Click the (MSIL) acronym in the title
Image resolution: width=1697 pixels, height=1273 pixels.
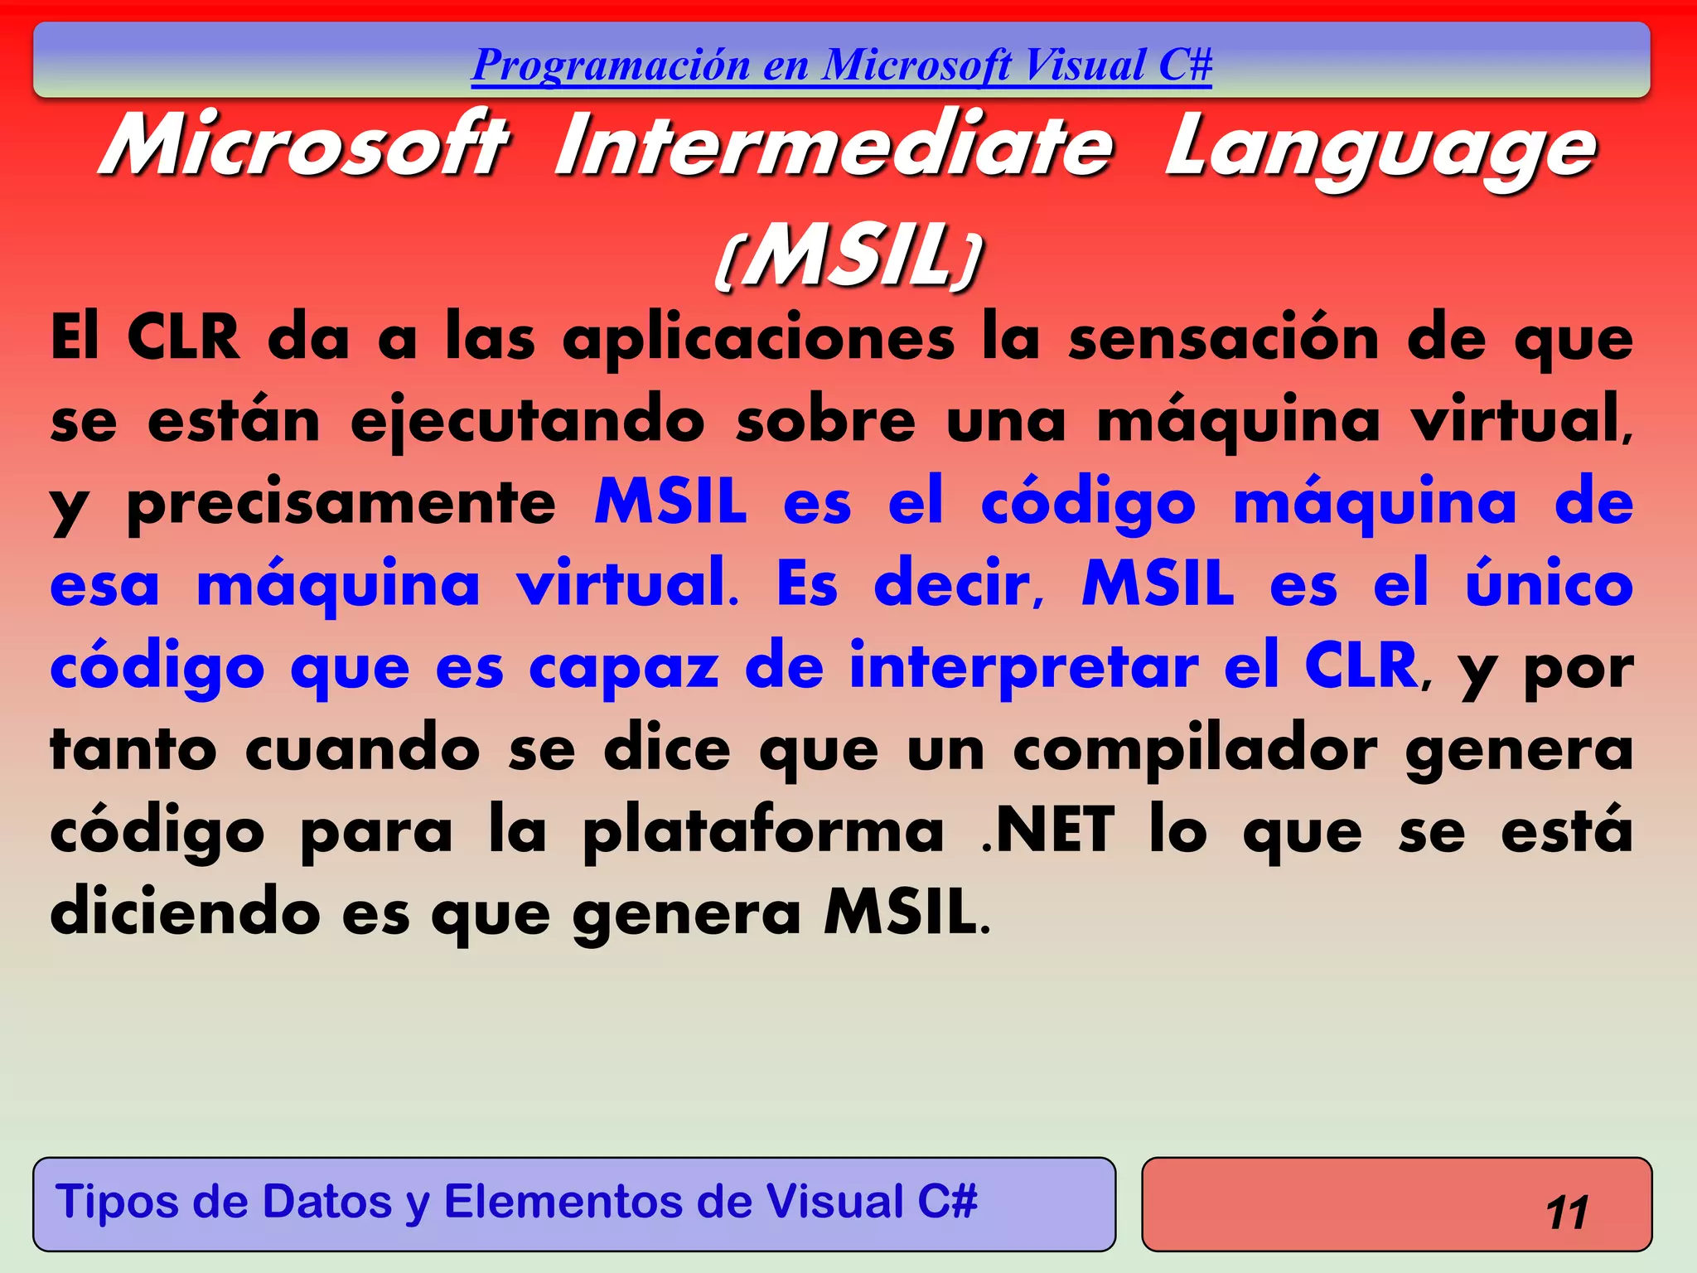(848, 255)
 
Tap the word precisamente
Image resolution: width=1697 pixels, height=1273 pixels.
(341, 504)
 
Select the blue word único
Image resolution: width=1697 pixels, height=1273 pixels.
(1549, 584)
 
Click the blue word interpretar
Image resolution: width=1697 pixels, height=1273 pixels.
(1023, 667)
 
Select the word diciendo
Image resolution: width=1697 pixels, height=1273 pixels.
(185, 912)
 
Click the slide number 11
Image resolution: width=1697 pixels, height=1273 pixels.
(1566, 1212)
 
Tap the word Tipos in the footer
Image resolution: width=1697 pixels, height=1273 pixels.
(115, 1202)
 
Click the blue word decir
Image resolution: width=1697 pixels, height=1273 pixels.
(959, 584)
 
